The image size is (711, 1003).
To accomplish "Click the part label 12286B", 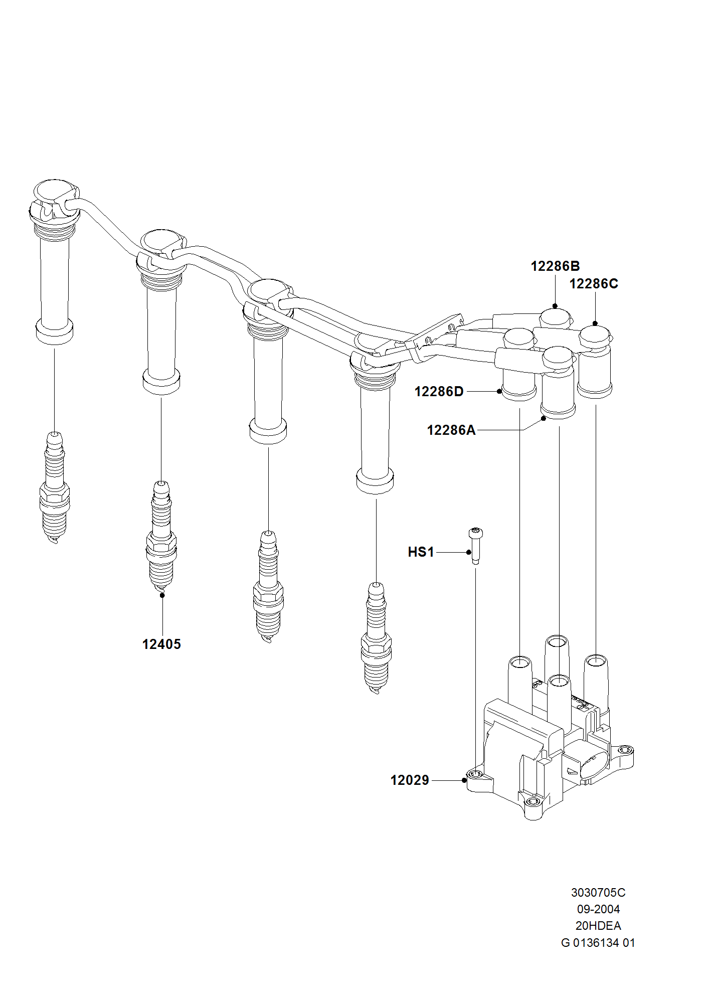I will click(x=555, y=266).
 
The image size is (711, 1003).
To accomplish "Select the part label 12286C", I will click(x=594, y=284).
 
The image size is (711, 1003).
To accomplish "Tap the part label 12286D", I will click(x=439, y=392).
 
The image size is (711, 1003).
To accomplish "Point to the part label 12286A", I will click(x=451, y=430).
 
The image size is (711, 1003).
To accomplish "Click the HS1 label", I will click(x=421, y=552).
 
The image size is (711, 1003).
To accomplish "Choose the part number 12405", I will click(x=161, y=644).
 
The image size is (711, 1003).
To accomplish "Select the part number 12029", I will click(x=410, y=780).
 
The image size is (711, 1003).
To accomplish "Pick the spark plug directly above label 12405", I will click(x=161, y=537).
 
